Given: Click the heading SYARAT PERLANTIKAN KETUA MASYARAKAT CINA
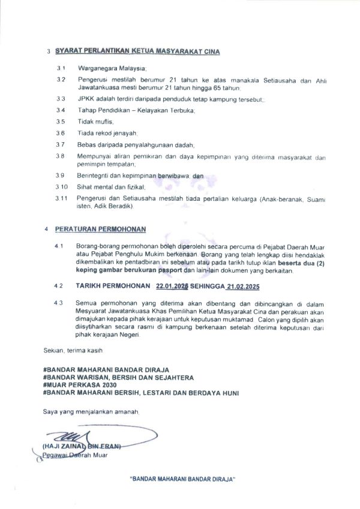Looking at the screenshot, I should click(137, 52).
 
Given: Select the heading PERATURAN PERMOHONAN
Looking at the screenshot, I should click(100, 229).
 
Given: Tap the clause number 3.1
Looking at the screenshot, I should click(61, 70).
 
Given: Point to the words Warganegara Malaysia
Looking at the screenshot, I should click(112, 70).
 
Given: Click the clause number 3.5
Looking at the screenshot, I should click(61, 121).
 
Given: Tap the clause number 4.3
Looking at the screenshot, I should click(59, 303).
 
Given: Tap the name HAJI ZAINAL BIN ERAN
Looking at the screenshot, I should click(82, 446).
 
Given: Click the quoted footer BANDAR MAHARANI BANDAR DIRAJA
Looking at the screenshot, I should click(182, 480).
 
